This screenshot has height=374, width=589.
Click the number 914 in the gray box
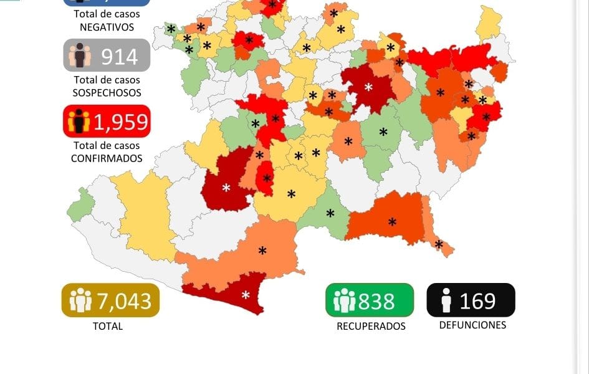click(119, 56)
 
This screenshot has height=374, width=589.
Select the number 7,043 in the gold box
click(124, 301)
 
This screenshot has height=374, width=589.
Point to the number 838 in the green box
click(376, 302)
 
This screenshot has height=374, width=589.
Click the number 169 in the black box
click(477, 301)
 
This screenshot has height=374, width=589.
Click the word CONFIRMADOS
click(107, 158)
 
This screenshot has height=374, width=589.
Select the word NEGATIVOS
click(107, 27)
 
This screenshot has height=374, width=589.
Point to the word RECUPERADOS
click(371, 326)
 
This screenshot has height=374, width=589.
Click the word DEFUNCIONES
click(472, 325)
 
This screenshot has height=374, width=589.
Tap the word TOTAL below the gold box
click(108, 326)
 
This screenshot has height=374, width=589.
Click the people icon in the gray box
click(80, 56)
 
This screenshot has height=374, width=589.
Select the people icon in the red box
click(79, 122)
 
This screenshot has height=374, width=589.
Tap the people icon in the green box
click(344, 301)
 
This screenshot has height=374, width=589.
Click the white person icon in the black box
click(445, 301)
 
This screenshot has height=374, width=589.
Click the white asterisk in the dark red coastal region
click(246, 295)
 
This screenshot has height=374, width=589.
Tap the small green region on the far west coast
click(80, 205)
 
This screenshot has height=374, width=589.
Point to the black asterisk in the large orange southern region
click(262, 251)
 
